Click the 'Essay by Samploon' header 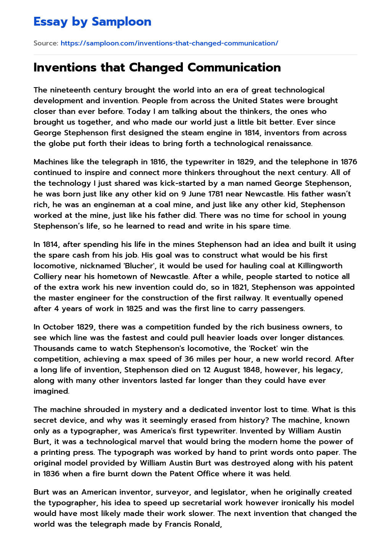92,22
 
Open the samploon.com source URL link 169,43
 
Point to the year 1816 158,162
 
